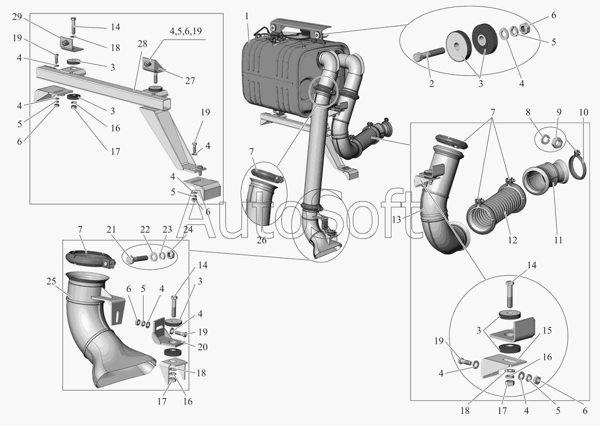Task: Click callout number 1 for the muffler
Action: [246, 16]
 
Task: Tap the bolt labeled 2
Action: [429, 54]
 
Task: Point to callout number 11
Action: [558, 240]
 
